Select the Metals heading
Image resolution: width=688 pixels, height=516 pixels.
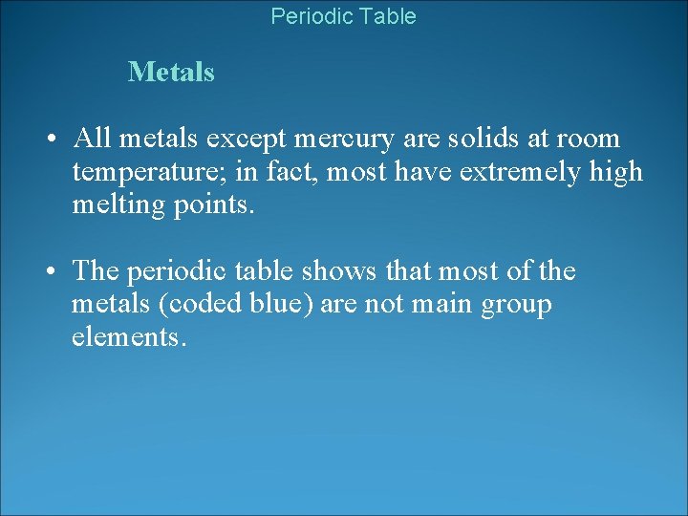[x=171, y=72]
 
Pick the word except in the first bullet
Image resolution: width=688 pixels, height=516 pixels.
[x=250, y=140]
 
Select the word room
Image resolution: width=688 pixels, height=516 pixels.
[x=589, y=140]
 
